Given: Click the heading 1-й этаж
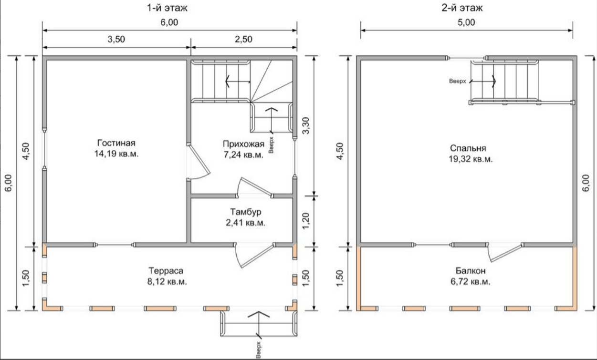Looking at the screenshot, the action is [167, 8].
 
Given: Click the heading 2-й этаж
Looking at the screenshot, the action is [462, 8].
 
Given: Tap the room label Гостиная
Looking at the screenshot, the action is [116, 143].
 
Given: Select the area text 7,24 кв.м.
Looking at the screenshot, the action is [243, 154].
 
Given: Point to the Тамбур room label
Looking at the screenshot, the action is [246, 212].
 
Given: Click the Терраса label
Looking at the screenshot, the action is [166, 271].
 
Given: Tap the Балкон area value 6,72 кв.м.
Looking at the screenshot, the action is [471, 281].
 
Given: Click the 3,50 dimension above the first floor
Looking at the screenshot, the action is [116, 40].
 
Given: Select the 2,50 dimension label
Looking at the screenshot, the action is [243, 40].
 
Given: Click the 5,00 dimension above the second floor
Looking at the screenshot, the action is [466, 22].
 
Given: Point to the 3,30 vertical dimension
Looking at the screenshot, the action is [306, 126].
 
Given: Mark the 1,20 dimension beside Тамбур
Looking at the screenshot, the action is [306, 220].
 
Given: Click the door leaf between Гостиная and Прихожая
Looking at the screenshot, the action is [199, 159].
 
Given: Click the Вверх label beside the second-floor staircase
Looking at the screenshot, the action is [457, 81].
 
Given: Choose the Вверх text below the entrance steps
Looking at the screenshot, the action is [258, 350].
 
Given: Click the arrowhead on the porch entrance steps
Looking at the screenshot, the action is [259, 314].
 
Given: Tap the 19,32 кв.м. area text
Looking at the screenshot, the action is [471, 159].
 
